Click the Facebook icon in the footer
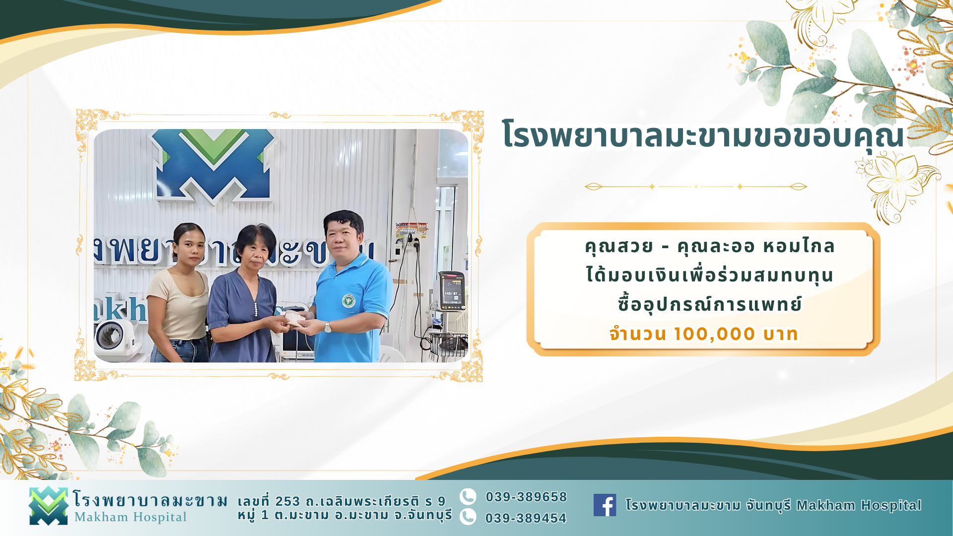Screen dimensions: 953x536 tap(605, 505)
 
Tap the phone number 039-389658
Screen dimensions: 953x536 tap(526, 497)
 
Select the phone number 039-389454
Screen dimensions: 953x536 tap(526, 518)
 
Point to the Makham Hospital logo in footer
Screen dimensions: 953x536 tap(48, 506)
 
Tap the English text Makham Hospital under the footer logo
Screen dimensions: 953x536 tap(131, 517)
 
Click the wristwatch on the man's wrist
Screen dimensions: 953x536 tap(328, 327)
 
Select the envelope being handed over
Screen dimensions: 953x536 tap(295, 319)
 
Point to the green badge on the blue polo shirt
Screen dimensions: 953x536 tap(348, 301)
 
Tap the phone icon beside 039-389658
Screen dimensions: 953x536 tap(468, 496)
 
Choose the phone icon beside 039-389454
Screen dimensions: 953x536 tap(468, 517)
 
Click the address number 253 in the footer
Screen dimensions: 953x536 tap(288, 501)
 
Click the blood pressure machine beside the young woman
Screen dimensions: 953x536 tap(115, 340)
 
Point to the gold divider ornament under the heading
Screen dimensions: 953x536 tap(696, 187)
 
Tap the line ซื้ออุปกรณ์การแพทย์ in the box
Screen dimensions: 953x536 tap(710, 304)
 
